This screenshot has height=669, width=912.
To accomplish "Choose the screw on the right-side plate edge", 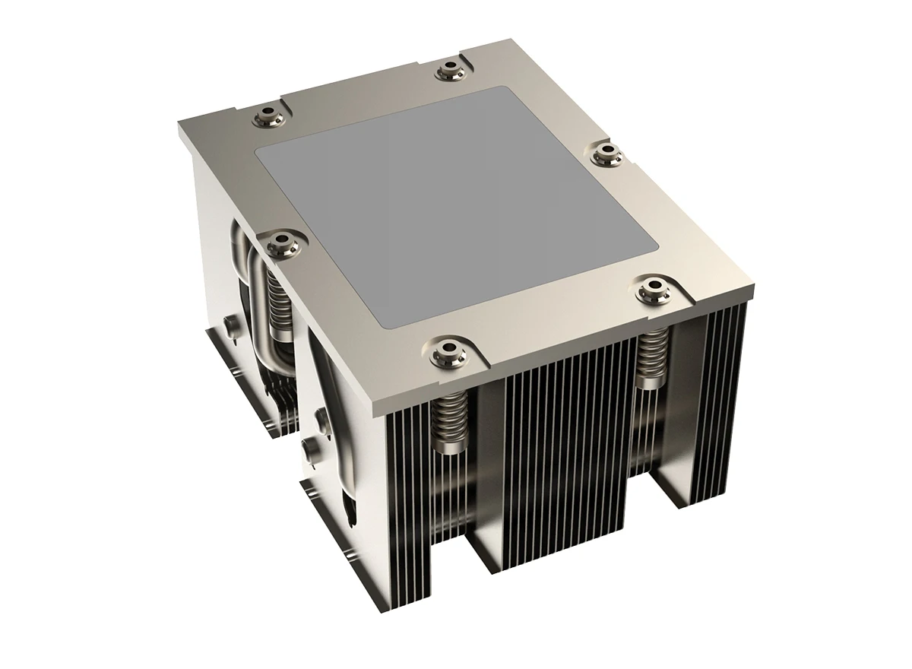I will [608, 153].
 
